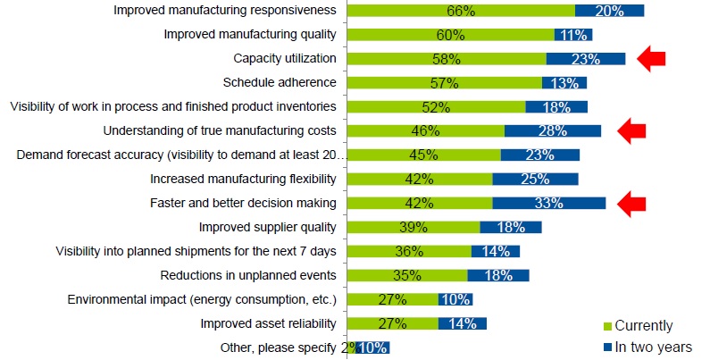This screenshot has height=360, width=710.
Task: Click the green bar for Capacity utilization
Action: tap(445, 59)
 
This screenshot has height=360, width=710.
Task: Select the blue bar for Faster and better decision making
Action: tap(548, 203)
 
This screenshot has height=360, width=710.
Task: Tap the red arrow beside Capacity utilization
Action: tap(652, 59)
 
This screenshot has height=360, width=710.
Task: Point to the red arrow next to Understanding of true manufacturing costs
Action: tap(631, 130)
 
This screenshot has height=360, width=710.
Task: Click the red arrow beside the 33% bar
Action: tap(631, 203)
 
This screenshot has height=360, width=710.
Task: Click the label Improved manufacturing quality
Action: tap(250, 35)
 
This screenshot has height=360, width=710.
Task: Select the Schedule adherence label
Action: tap(279, 83)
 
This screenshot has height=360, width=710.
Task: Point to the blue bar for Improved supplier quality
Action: tap(510, 227)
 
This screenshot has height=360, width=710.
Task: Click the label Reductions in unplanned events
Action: tap(247, 275)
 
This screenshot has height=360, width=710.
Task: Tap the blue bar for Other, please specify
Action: tap(372, 347)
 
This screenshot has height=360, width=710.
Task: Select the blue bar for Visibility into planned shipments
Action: tap(497, 251)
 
